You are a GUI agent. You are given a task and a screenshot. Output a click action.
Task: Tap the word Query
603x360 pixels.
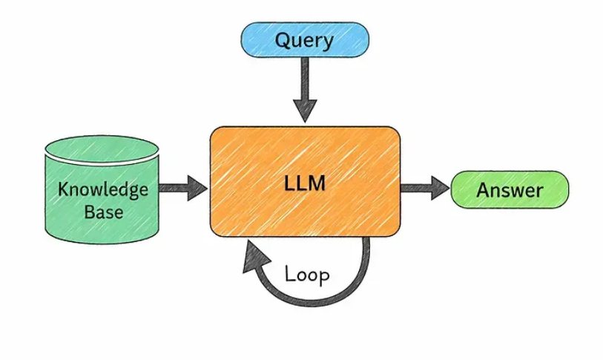pos(304,39)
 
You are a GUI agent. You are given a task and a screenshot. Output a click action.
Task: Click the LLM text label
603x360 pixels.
pos(305,183)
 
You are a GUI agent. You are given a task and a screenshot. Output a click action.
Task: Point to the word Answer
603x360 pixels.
pos(510,190)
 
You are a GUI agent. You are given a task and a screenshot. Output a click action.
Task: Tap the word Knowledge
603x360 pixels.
pos(102,189)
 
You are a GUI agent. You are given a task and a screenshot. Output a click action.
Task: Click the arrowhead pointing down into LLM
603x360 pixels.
pos(304,111)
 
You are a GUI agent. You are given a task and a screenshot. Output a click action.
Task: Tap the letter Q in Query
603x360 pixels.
pos(283,39)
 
